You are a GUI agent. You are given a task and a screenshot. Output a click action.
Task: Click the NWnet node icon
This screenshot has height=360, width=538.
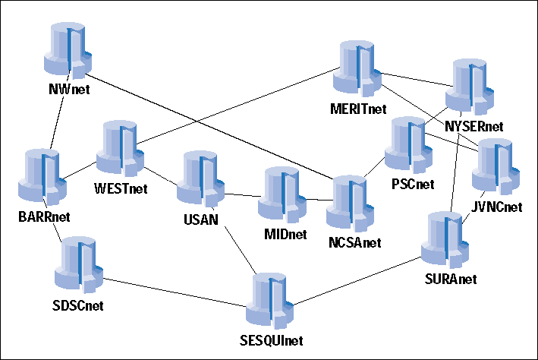pos(68,50)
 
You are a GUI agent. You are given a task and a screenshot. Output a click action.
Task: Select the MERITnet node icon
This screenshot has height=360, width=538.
pos(357,68)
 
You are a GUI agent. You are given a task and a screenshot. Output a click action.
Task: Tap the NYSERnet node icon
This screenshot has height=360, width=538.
pos(470,87)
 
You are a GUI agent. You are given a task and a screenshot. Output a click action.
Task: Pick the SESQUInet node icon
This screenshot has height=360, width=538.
pos(269,301)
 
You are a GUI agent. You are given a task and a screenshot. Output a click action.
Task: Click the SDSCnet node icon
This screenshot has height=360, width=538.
pos(79,264)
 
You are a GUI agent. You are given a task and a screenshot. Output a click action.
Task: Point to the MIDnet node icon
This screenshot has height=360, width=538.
pos(282,194)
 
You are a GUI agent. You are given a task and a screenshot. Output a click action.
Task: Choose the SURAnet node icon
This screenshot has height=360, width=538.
pos(445,240)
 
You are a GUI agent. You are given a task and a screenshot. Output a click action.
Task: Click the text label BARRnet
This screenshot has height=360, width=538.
pos(44,217)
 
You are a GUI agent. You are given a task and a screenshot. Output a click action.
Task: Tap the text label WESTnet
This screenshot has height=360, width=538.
pos(121,188)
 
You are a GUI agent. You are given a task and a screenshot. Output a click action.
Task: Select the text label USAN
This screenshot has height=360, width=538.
pos(201,219)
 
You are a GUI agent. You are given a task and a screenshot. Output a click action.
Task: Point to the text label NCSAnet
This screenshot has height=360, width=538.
pos(355,243)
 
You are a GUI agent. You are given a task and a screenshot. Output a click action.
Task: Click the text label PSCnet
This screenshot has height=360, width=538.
pos(413,185)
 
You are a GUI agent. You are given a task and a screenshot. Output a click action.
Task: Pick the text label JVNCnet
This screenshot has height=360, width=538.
pos(496,207)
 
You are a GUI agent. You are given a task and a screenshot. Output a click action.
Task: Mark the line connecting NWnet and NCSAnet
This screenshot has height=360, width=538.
pos(209,126)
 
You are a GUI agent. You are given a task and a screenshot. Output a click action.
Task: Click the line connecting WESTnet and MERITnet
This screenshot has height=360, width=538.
pos(238,106)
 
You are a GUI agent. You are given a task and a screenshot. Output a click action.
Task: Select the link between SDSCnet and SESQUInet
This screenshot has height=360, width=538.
pos(175,292)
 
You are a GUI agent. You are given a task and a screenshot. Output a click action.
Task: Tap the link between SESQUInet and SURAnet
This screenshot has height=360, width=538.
pos(357,281)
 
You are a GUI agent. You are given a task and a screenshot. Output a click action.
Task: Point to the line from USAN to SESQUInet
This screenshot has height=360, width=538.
pos(241,251)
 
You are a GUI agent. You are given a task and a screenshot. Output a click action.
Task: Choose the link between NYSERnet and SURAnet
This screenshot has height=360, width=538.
pos(455,172)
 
